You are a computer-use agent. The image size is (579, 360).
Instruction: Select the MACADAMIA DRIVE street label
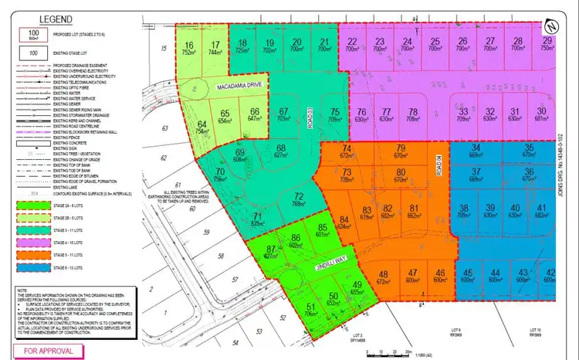pos(240,87)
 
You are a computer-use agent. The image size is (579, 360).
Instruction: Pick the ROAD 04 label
pos(438,165)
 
